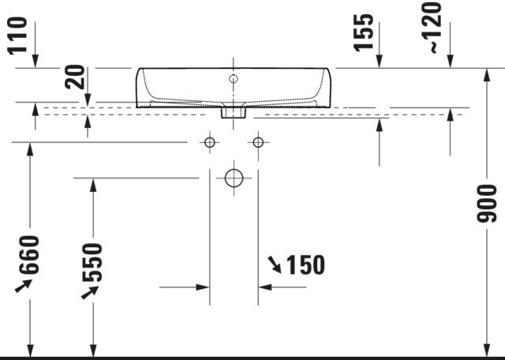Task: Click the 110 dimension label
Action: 17,36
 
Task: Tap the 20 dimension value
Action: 75,77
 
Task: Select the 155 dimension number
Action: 364,32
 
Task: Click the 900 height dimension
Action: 487,204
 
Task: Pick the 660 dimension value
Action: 29,255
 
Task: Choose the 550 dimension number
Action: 92,262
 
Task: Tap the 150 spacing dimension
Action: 305,265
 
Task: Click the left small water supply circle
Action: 210,142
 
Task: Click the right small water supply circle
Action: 258,142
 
